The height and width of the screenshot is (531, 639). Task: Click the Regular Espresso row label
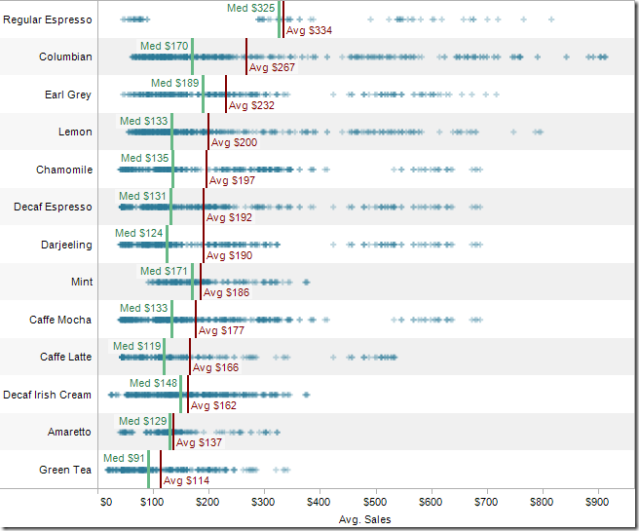(48, 19)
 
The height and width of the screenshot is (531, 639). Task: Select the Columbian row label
(65, 57)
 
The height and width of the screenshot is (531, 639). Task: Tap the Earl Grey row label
(68, 95)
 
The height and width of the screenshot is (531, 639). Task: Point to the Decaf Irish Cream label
(47, 395)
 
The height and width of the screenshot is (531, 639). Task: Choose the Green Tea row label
(65, 470)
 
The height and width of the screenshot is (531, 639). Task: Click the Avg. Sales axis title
(364, 519)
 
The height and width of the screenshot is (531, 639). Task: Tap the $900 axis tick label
(597, 503)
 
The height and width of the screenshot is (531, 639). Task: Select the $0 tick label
(106, 503)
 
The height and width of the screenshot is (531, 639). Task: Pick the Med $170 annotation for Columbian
(164, 46)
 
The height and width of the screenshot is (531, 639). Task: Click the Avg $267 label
(272, 68)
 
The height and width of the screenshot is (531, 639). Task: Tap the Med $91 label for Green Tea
(124, 458)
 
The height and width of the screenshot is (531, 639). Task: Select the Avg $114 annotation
(186, 480)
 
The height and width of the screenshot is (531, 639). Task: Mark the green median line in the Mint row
(193, 282)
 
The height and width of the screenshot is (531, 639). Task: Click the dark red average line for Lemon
(208, 132)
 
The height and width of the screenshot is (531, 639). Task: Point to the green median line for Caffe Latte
(164, 357)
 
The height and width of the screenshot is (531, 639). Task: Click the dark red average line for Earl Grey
(226, 95)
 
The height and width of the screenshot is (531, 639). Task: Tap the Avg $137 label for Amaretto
(199, 443)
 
